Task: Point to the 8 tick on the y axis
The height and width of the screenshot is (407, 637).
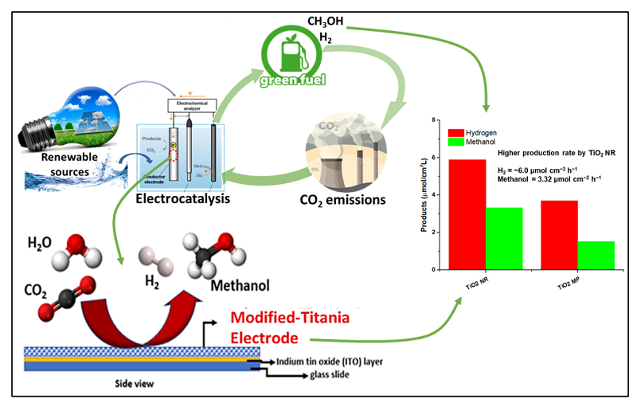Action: [434, 119]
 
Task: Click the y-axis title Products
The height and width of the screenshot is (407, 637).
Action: [424, 195]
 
